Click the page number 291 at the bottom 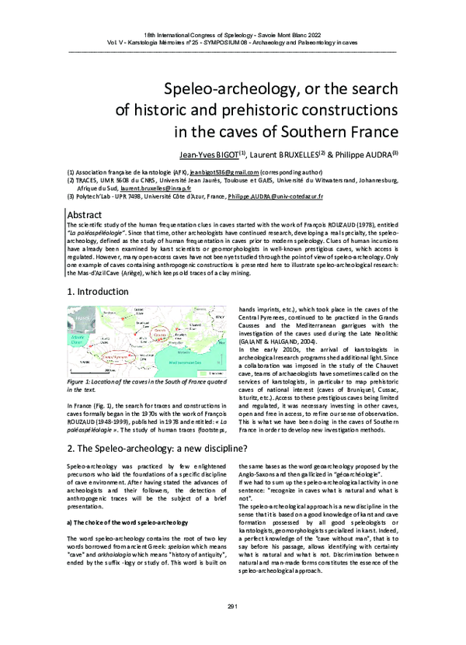[233, 627]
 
